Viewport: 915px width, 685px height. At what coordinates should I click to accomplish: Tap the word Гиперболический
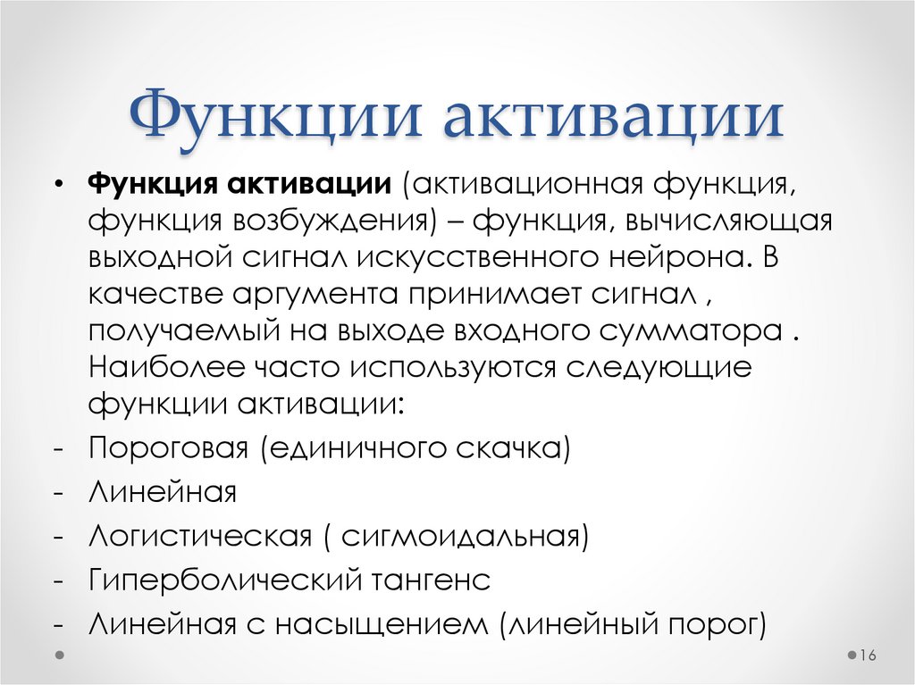tap(222, 581)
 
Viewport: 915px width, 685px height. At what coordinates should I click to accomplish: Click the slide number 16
tap(866, 656)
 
